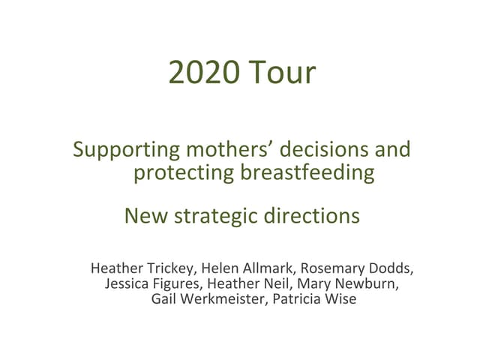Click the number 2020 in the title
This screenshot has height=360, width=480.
tap(204, 73)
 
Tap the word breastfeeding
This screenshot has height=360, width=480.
tap(307, 172)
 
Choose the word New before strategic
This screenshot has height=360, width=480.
tap(146, 216)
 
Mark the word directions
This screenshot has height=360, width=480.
tap(313, 216)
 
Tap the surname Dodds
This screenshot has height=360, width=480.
tap(391, 268)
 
